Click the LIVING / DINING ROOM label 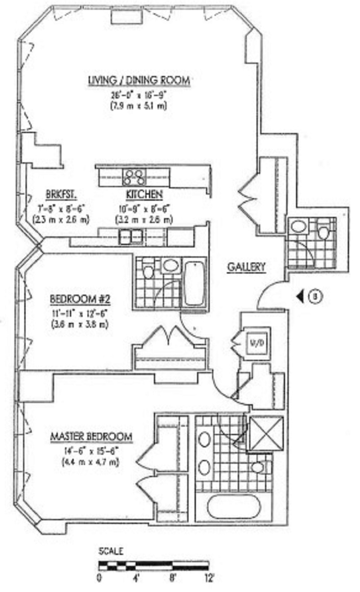click(x=139, y=80)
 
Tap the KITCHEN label click(x=144, y=194)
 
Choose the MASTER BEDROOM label click(x=91, y=437)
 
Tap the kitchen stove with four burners click(x=134, y=177)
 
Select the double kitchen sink click(x=130, y=236)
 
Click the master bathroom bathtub click(x=234, y=508)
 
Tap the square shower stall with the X click(x=264, y=434)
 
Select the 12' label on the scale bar click(x=210, y=578)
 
